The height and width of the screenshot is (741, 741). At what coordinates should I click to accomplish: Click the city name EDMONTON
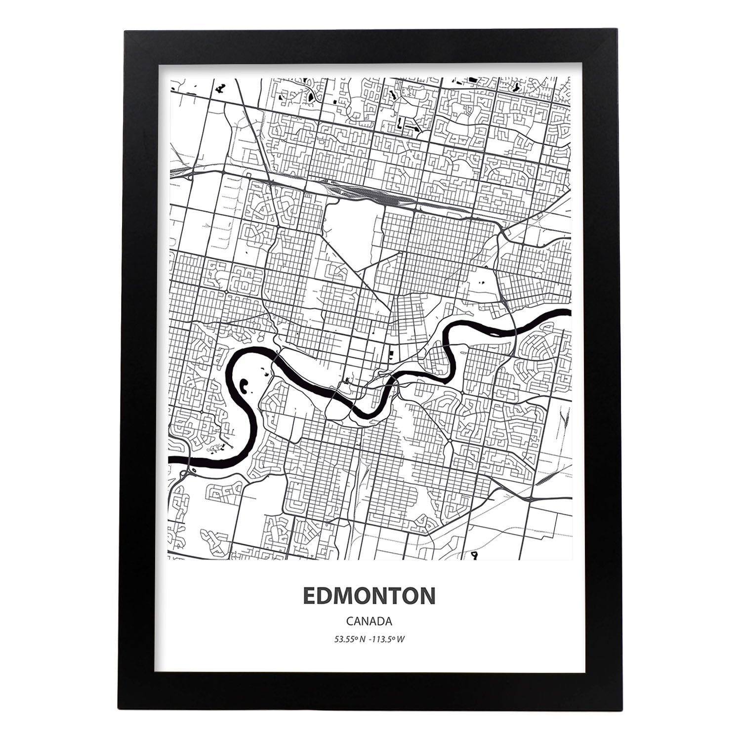click(369, 596)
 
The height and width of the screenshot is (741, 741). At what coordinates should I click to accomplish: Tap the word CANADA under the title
click(370, 621)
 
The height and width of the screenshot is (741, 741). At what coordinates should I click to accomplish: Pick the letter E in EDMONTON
click(310, 596)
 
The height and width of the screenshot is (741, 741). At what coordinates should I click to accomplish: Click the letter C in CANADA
click(350, 621)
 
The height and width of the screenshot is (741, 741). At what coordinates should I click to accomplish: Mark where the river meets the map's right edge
click(569, 313)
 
